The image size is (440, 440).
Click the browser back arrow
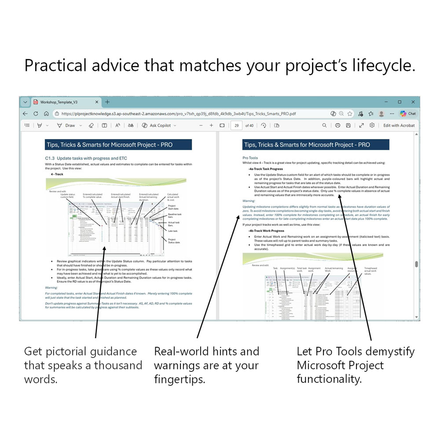pyautogui.click(x=25, y=114)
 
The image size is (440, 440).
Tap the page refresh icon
pyautogui.click(x=36, y=114)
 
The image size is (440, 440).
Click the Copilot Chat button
pyautogui.click(x=407, y=114)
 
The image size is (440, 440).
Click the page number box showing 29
pyautogui.click(x=236, y=125)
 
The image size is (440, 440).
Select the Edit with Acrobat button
pyautogui.click(x=399, y=125)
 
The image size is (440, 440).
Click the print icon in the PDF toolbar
pyautogui.click(x=337, y=125)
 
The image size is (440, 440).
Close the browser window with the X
pyautogui.click(x=413, y=102)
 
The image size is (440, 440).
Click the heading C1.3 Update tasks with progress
pyautogui.click(x=81, y=158)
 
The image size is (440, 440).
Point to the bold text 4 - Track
pyautogui.click(x=57, y=174)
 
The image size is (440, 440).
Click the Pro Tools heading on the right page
pyautogui.click(x=250, y=158)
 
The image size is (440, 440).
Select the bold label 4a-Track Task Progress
pyautogui.click(x=265, y=169)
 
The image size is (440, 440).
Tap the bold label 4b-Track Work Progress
pyautogui.click(x=266, y=231)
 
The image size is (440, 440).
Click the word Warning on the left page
pyautogui.click(x=52, y=288)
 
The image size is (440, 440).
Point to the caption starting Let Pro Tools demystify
pyautogui.click(x=356, y=352)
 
